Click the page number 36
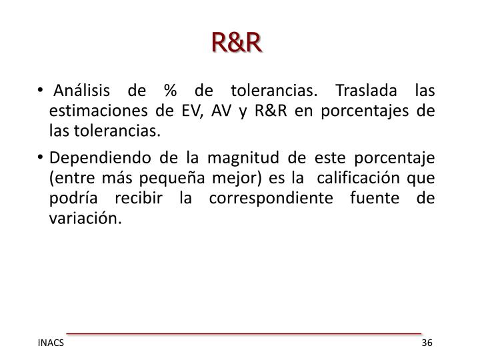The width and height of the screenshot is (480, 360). point(427,343)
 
